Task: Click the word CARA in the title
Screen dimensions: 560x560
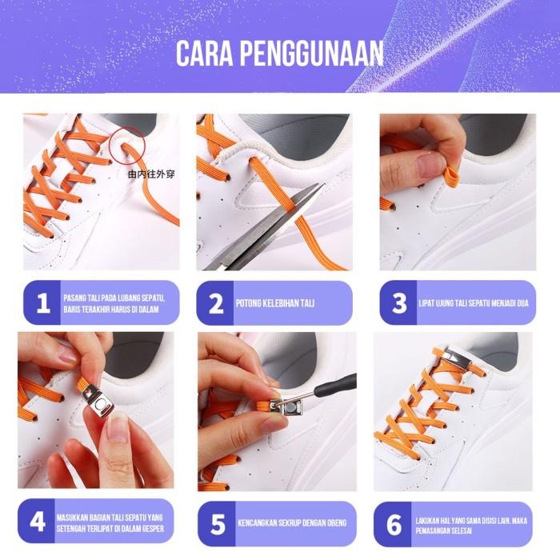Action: click(205, 53)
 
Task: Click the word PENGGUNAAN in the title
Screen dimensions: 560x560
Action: click(312, 53)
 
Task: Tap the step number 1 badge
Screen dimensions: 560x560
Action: click(42, 303)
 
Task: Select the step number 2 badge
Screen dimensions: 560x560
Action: click(215, 303)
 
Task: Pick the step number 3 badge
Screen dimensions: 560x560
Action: click(398, 303)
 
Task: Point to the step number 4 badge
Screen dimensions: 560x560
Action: click(37, 521)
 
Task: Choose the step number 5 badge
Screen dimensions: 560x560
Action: click(217, 524)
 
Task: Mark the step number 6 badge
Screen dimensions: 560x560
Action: click(394, 524)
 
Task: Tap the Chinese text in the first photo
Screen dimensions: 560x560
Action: click(151, 174)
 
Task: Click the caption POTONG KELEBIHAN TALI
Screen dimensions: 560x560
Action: click(275, 303)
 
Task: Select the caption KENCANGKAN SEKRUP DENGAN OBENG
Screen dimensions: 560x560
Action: click(292, 523)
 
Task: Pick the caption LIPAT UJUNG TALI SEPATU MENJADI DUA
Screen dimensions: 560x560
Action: click(474, 303)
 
